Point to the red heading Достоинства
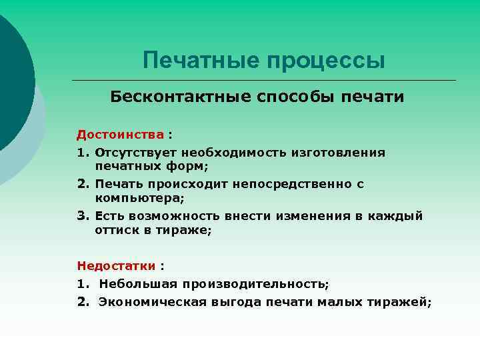[120, 135]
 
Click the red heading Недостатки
[116, 265]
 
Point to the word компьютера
[137, 198]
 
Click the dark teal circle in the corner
[10, 80]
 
